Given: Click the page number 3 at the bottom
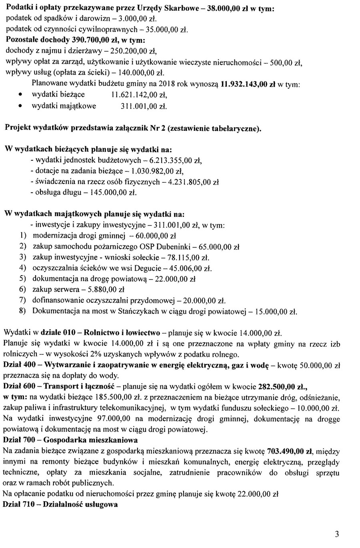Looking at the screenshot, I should point(337,534).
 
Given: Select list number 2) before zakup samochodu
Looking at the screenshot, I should point(23,247).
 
